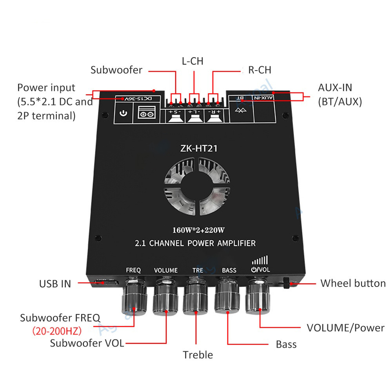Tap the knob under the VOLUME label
pos(166,298)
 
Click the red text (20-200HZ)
pos(57,331)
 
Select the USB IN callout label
pos(55,284)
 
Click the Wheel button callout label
pos(353,283)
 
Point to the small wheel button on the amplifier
pos(286,283)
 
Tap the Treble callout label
pos(198,355)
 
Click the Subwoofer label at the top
pos(116,70)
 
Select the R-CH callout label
pos(260,70)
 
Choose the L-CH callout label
pos(192,61)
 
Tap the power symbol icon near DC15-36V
pos(123,113)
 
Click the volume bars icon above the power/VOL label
pos(260,260)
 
